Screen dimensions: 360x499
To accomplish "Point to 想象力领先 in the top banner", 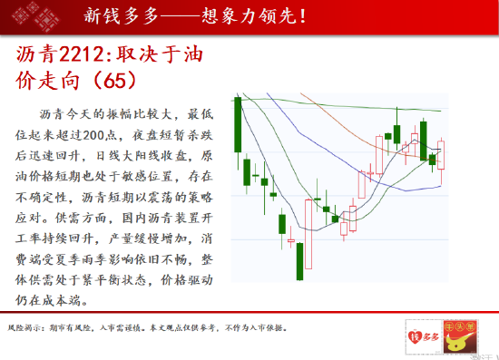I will [x=250, y=15].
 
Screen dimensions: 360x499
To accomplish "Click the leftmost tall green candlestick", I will [x=238, y=124].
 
